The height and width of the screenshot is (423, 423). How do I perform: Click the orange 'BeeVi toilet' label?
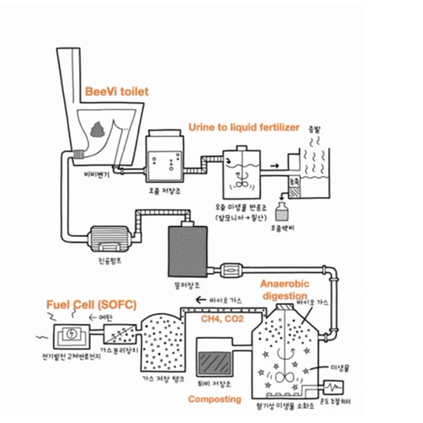click(x=116, y=92)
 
